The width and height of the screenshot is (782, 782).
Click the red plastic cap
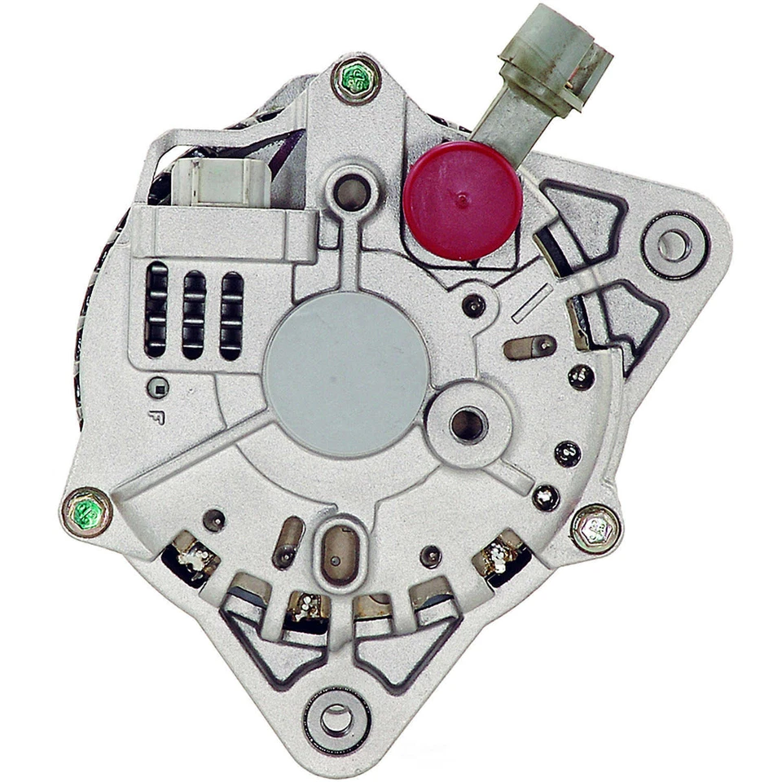[462, 200]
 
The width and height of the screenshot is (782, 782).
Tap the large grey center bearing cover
[346, 373]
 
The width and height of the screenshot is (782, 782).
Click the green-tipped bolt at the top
[357, 79]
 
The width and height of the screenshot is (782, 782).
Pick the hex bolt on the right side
[595, 529]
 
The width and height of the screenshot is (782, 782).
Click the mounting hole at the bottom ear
[336, 718]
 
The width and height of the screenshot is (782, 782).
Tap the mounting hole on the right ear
[674, 244]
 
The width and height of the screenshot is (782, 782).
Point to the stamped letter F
[156, 417]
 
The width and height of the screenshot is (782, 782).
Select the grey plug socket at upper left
[217, 180]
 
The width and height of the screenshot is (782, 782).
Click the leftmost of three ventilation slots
[156, 310]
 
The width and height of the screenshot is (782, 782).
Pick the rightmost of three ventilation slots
[231, 316]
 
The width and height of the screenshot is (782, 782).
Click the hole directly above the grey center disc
[351, 192]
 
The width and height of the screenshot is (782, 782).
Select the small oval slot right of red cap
[529, 347]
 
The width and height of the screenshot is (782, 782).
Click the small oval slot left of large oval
[288, 542]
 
